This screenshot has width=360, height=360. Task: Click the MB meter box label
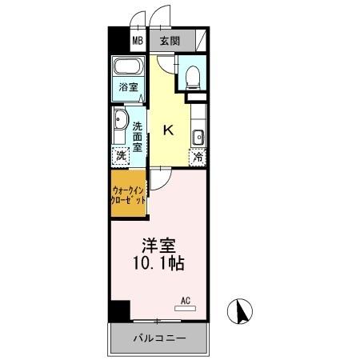click(138, 40)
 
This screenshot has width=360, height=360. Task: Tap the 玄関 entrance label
click(169, 40)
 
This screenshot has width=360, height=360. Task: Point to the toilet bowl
click(192, 76)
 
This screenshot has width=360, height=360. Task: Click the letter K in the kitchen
click(170, 128)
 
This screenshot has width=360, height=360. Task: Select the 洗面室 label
click(138, 136)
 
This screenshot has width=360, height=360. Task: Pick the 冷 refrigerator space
click(198, 157)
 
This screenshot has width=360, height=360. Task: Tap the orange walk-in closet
click(128, 192)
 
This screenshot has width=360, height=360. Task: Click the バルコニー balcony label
click(159, 339)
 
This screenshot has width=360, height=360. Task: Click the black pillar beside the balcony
click(119, 310)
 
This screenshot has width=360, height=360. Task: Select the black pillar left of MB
click(118, 40)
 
